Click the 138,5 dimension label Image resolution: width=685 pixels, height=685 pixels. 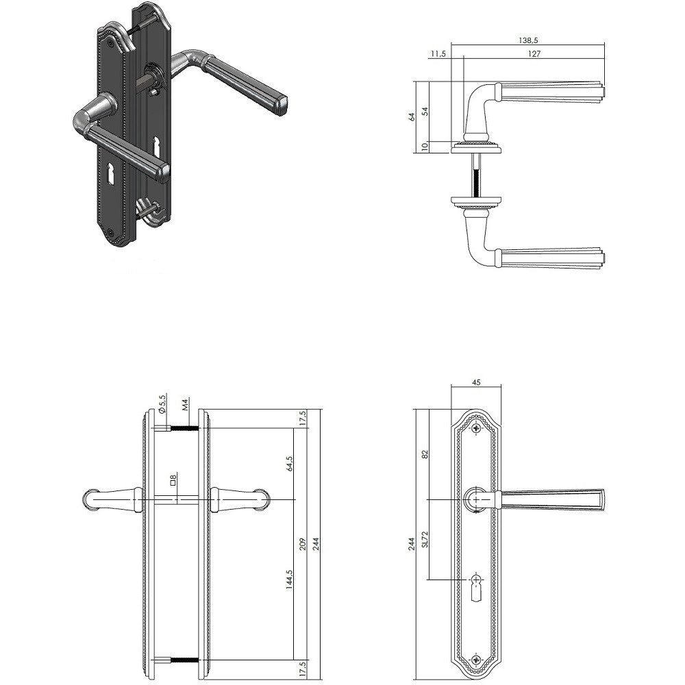click(528, 40)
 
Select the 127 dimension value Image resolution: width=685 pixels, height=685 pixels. click(534, 53)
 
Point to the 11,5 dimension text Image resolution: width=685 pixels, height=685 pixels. click(438, 53)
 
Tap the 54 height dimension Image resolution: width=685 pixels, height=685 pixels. click(425, 111)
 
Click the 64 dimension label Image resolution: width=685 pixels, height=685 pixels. click(412, 116)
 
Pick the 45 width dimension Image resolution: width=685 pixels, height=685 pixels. click(476, 382)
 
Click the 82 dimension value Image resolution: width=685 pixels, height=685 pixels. click(425, 454)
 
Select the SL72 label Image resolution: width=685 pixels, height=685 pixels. click(425, 539)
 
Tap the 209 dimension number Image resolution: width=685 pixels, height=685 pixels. click(305, 545)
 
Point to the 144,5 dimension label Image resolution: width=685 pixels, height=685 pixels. click(290, 580)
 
